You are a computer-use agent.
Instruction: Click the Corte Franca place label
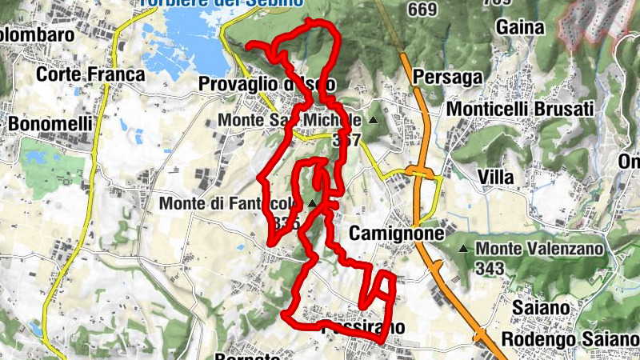point(90,74)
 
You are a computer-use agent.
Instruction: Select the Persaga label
point(447,77)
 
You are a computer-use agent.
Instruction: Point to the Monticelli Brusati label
point(520,109)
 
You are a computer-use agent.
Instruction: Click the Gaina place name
point(519,27)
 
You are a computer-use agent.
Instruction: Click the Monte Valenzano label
point(539,249)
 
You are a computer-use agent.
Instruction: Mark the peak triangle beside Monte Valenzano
point(463,248)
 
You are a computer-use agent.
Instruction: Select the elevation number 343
point(489,268)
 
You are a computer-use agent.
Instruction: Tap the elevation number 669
point(422,10)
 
